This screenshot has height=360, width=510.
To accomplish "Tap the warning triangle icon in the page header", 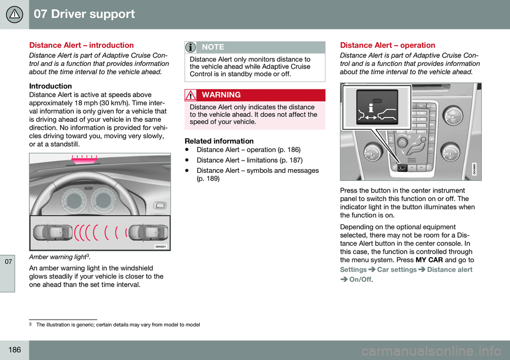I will tap(14, 14).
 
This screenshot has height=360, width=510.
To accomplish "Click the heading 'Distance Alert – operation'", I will tap(387, 45).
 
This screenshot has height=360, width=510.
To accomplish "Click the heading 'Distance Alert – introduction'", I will tap(89, 45).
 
